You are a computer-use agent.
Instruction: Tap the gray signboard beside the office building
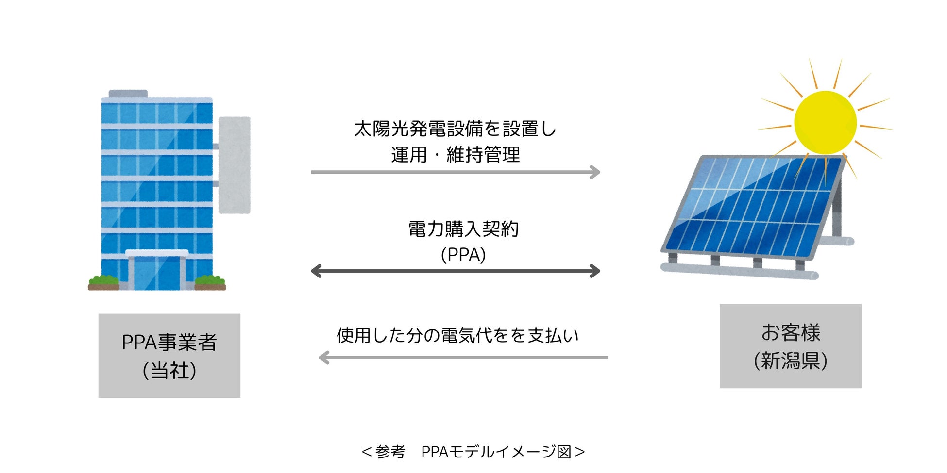[235, 165]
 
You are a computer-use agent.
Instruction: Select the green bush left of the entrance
[103, 281]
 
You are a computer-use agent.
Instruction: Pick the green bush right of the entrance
[210, 281]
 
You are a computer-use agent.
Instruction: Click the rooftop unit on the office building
[128, 94]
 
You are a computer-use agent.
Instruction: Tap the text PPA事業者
[169, 343]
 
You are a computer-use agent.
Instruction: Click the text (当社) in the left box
[169, 371]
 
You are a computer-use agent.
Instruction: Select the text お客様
[791, 333]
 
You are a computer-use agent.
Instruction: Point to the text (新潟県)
[791, 361]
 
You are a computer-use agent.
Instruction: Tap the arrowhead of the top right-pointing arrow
[595, 172]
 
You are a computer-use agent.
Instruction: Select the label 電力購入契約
[463, 229]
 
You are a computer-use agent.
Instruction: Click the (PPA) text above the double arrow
[463, 255]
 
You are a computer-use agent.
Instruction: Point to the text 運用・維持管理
[456, 155]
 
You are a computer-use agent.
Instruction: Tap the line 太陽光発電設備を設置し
[456, 129]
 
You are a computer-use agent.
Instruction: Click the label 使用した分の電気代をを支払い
[457, 336]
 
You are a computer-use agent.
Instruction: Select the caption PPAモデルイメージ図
[495, 452]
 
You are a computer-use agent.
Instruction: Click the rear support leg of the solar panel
[836, 213]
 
